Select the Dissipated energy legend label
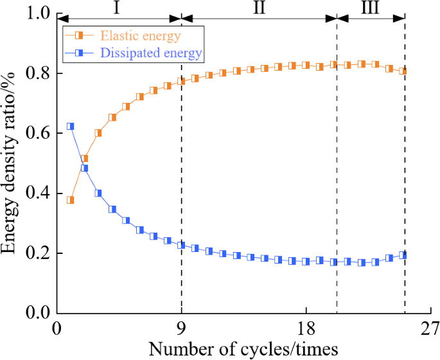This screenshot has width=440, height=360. coord(153,53)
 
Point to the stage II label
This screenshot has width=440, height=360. coord(259,8)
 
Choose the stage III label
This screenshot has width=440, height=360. coord(370,8)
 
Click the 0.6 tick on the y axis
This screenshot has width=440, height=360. coord(39,133)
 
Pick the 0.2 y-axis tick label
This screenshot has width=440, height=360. coord(39,253)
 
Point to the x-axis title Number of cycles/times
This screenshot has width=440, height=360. coord(243,349)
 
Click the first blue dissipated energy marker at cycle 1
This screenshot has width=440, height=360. coord(71,127)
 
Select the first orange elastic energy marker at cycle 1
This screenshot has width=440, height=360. coord(71,200)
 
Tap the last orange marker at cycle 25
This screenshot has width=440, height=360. coord(403,71)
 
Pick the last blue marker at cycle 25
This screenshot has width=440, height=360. coord(403,255)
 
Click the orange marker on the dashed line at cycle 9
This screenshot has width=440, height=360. coord(181,81)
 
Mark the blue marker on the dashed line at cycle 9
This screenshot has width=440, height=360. coord(181,245)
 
